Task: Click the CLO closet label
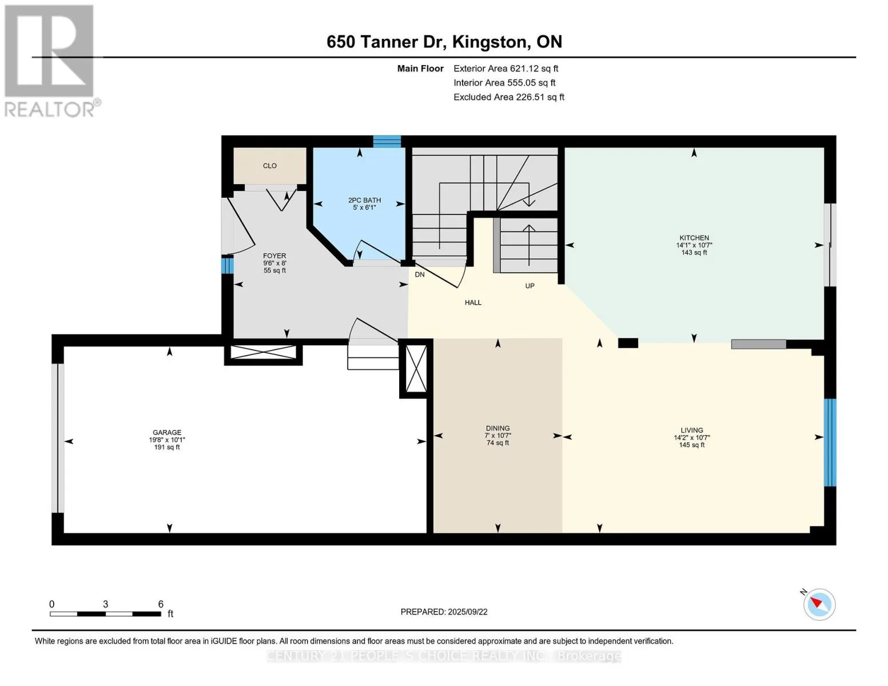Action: (x=270, y=166)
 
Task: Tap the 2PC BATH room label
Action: (x=364, y=200)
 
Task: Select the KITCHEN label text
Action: (x=694, y=238)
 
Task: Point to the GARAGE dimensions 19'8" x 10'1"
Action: (x=167, y=440)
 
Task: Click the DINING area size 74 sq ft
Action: (x=497, y=443)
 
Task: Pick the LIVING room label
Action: (x=692, y=430)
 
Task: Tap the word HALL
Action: (x=473, y=303)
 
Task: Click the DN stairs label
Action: (x=420, y=274)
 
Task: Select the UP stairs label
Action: (x=529, y=286)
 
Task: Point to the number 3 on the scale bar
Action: (x=105, y=604)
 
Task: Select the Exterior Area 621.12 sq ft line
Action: (x=506, y=69)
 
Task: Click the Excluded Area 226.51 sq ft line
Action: (x=509, y=97)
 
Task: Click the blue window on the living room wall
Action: (x=830, y=443)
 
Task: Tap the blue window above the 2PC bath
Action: (x=387, y=141)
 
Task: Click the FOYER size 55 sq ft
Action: (x=274, y=270)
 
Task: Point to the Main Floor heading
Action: (x=420, y=69)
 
